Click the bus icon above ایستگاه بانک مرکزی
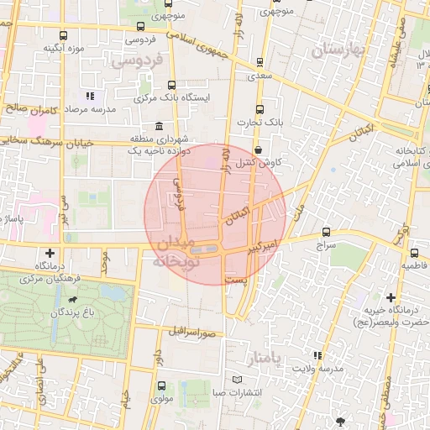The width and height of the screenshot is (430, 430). point(172,85)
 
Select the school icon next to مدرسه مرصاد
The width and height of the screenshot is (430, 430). point(90,97)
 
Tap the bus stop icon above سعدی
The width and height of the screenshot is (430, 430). point(260,62)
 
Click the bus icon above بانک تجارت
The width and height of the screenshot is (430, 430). point(259,108)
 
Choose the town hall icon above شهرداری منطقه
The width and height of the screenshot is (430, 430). point(159,125)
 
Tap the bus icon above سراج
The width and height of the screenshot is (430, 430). point(326,233)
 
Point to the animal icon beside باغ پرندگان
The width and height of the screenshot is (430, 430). point(75,299)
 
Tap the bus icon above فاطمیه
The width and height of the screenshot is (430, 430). point(414,252)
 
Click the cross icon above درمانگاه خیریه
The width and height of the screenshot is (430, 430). point(391,297)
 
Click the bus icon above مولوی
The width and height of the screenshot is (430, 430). point(160,386)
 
